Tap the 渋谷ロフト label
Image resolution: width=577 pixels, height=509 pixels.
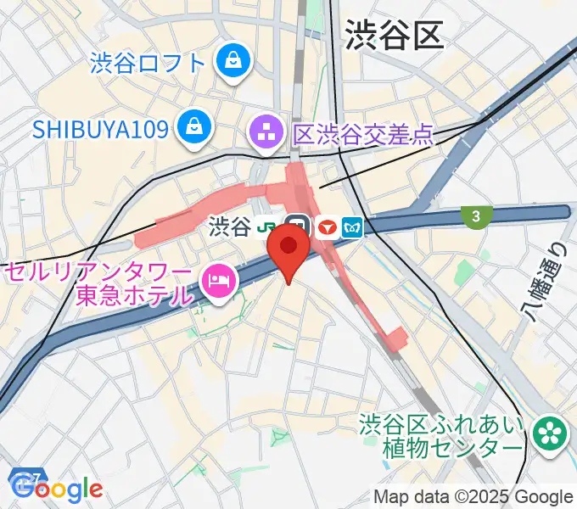(x=148, y=62)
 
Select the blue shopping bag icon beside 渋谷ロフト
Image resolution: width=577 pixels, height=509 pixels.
(x=230, y=61)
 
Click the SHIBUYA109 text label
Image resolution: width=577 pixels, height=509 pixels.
(x=100, y=129)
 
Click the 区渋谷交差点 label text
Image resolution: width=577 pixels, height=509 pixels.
(x=362, y=134)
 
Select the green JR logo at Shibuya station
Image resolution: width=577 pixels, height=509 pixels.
(x=269, y=227)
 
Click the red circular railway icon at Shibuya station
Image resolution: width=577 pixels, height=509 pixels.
(x=326, y=227)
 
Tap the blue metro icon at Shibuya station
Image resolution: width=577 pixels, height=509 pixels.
(x=352, y=227)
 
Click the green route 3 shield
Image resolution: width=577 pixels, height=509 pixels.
(x=476, y=216)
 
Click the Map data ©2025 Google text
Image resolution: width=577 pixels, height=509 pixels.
(x=473, y=497)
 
